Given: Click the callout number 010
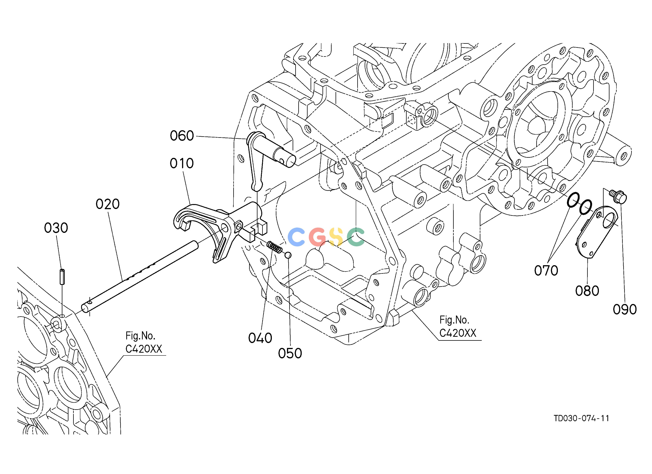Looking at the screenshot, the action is pos(182,164).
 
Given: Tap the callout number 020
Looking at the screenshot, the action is pos(108,204).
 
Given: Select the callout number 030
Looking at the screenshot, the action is pos(56,228).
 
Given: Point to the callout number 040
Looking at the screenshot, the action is pos(260,338).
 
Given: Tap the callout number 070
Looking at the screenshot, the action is pos(546,271).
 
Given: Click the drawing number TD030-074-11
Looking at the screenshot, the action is pos(581,418).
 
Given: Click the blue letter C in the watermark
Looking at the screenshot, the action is pos(296,237).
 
